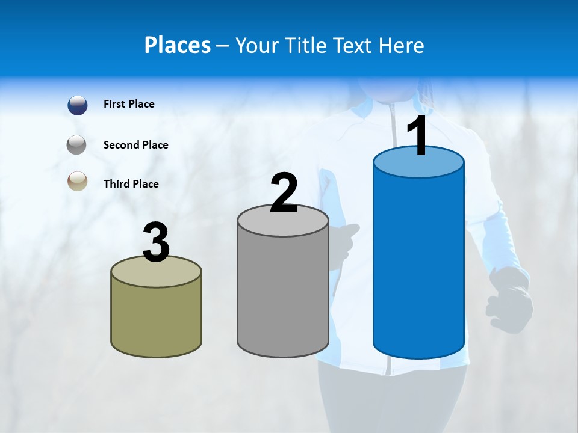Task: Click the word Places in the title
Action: coord(178,45)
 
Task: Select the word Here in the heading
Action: coord(402,45)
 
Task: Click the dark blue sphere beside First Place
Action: coord(77,105)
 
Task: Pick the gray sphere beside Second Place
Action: coord(77,144)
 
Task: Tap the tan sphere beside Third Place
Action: coord(77,181)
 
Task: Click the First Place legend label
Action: coord(129,104)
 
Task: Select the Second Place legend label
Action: coord(136,145)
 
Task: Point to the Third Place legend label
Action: coord(131,184)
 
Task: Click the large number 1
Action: coord(418,136)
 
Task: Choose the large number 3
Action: coord(157,242)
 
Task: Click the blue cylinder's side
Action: coord(418,265)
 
